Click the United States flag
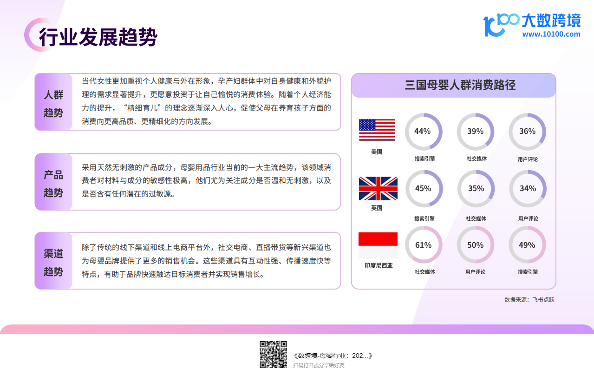(377, 130)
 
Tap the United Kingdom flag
(378, 188)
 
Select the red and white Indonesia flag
(378, 245)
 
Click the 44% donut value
(423, 131)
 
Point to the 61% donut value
(423, 245)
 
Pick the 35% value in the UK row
(476, 188)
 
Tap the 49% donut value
(527, 245)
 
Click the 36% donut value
(527, 131)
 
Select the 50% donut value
(475, 245)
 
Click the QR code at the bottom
(273, 355)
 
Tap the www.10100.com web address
(551, 34)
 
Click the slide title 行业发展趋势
(98, 37)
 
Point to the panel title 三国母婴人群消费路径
(460, 85)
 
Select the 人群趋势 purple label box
(53, 102)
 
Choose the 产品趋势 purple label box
(53, 182)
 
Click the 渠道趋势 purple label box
(53, 261)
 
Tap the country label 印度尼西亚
(379, 265)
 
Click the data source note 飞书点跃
(529, 300)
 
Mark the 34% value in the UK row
(528, 188)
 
